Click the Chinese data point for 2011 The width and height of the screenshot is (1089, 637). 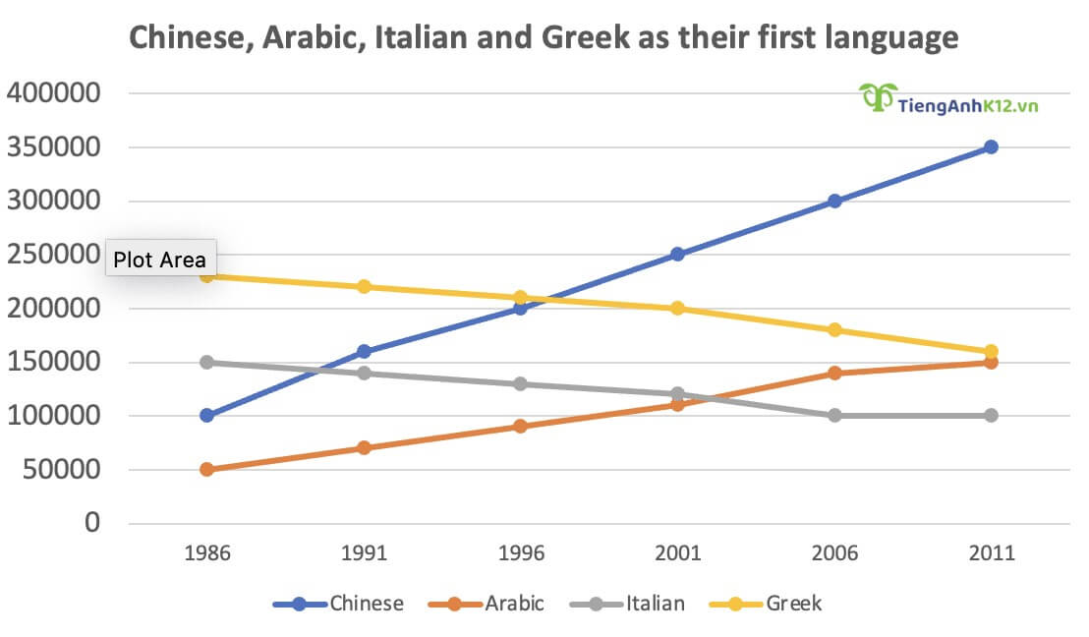[x=991, y=147]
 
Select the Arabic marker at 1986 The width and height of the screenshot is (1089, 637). [x=206, y=469]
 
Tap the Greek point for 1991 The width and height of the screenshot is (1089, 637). [x=364, y=287]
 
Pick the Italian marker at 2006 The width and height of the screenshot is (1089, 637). [x=834, y=415]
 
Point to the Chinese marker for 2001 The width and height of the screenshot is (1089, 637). [x=677, y=254]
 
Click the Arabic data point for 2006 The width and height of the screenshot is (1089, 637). [x=834, y=373]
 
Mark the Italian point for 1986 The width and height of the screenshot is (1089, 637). [x=206, y=362]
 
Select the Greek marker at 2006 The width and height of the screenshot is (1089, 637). [x=834, y=329]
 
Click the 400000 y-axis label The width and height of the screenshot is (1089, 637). [x=55, y=94]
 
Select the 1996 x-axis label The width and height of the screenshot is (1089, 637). [x=521, y=552]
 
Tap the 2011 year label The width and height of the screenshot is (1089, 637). [x=991, y=552]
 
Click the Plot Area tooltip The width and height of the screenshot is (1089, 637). [x=159, y=260]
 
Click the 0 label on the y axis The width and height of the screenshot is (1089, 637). [x=92, y=523]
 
